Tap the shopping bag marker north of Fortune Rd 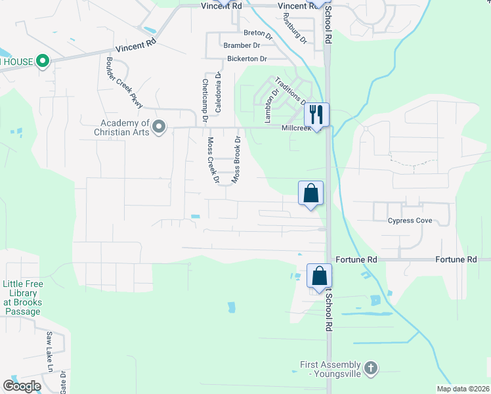click(x=311, y=194)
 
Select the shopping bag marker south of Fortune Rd click(x=319, y=276)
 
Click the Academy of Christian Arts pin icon click(x=159, y=127)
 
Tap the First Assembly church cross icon click(x=370, y=368)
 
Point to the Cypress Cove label click(x=410, y=221)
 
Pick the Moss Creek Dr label click(x=212, y=160)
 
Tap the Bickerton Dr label click(x=247, y=59)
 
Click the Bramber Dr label click(x=242, y=45)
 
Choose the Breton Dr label click(x=257, y=33)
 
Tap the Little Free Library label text click(x=23, y=293)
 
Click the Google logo click(x=22, y=385)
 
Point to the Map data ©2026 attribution click(x=463, y=389)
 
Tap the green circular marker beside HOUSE click(x=43, y=62)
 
